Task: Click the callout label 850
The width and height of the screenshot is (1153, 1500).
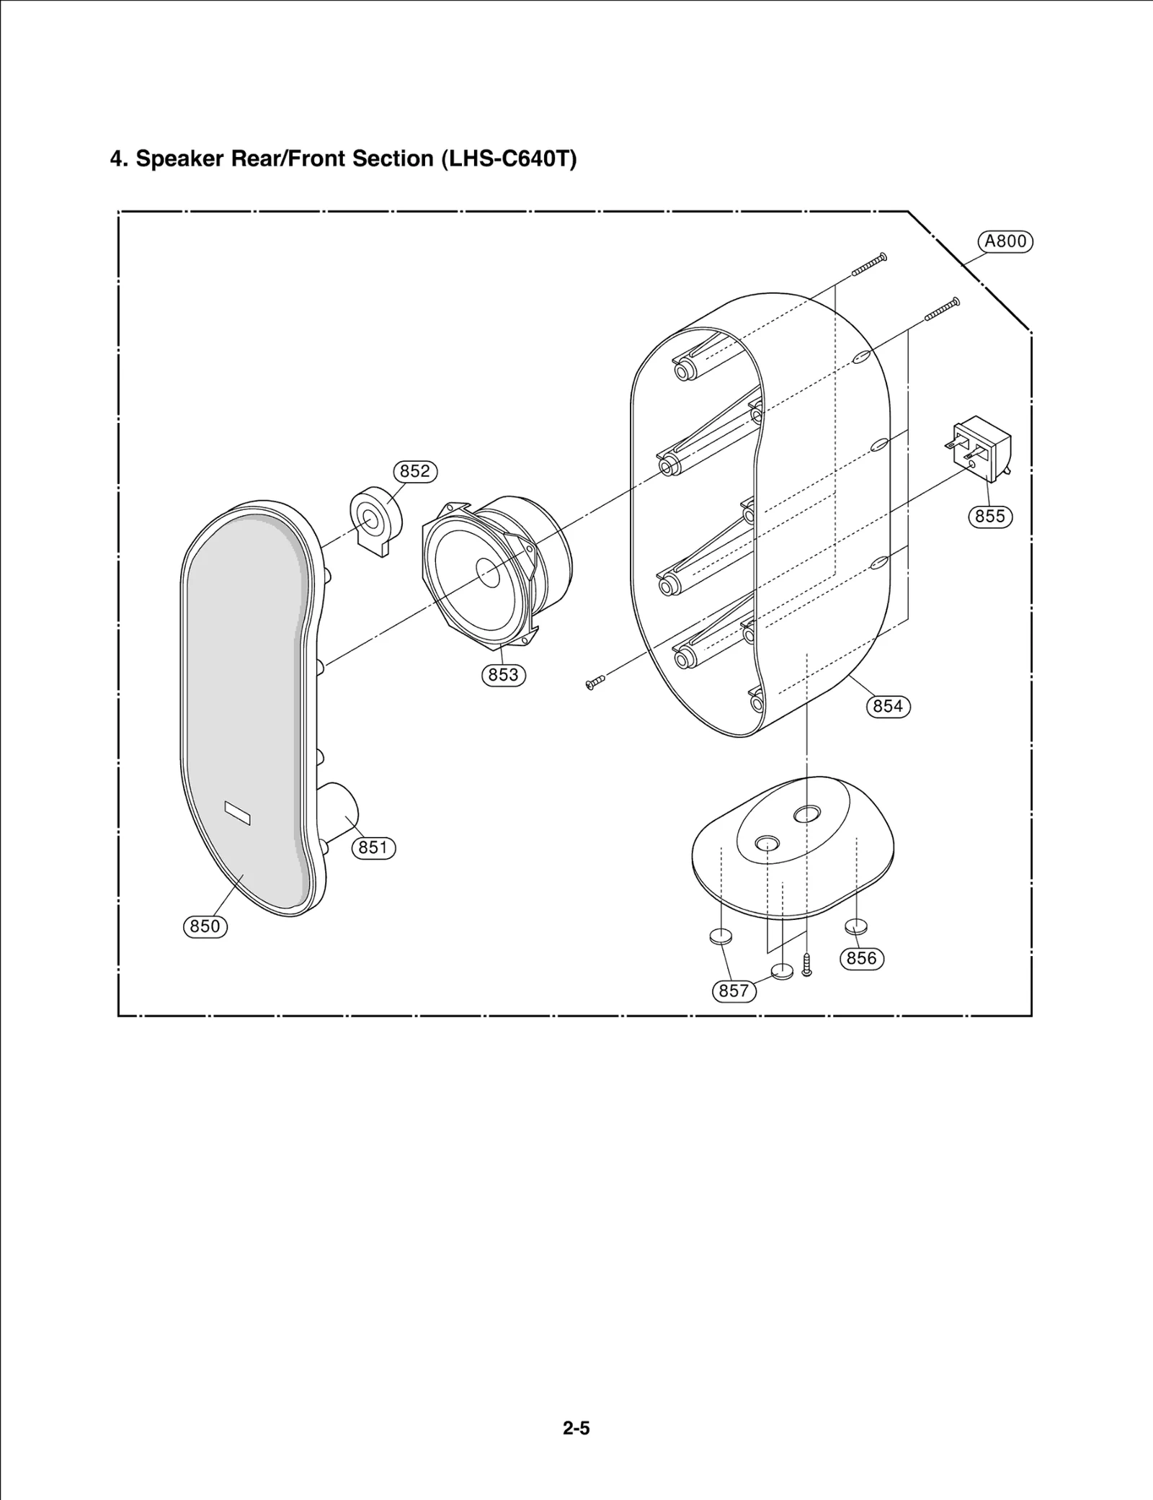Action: coord(205,926)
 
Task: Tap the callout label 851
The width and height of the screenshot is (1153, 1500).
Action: coord(373,847)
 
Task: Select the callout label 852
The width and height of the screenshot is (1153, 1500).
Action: coord(415,471)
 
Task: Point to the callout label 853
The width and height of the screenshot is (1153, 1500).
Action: coord(503,674)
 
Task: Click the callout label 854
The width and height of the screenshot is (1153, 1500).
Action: coord(888,706)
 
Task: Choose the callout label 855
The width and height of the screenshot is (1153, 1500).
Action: coord(990,516)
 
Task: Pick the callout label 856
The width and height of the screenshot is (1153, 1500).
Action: coord(861,958)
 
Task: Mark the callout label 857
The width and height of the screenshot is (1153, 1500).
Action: coord(734,991)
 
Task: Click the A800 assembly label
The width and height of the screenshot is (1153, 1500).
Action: coord(1005,241)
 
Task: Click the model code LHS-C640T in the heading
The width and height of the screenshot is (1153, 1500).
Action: coord(508,159)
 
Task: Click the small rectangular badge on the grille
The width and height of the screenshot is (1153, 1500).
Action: coord(237,813)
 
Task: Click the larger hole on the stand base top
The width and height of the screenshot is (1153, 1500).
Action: coord(806,814)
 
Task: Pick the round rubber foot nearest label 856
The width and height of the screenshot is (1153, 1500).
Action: coord(856,926)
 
